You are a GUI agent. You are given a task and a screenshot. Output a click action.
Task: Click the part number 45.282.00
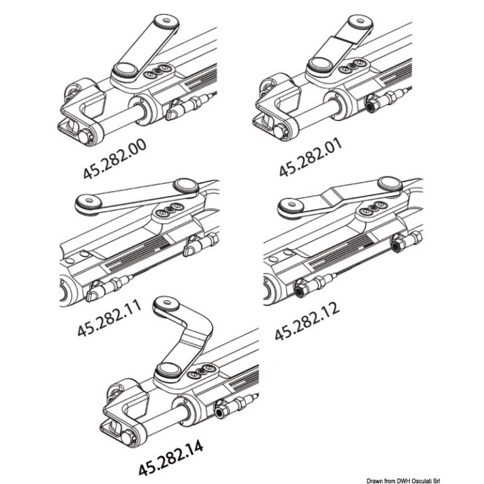[x=115, y=159]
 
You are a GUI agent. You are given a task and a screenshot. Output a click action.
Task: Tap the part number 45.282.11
[x=109, y=318]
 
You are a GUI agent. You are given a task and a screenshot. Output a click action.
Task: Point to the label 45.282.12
[x=307, y=321]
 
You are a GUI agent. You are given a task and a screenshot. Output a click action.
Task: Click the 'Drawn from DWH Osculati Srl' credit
[x=403, y=481]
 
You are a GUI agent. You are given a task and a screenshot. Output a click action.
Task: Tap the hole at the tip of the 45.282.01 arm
[x=360, y=21]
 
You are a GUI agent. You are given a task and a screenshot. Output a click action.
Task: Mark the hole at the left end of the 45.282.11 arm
[x=89, y=200]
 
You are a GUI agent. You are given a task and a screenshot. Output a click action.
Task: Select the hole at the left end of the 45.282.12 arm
[x=291, y=204]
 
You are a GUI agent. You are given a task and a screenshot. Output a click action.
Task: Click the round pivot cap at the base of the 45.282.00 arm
[x=125, y=69]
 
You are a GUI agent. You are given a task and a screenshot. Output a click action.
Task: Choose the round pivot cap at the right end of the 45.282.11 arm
[x=186, y=185]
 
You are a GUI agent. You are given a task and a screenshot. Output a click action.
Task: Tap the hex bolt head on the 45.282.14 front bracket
[x=127, y=436]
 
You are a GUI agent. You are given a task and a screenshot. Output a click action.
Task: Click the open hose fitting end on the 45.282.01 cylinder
[x=371, y=106]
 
